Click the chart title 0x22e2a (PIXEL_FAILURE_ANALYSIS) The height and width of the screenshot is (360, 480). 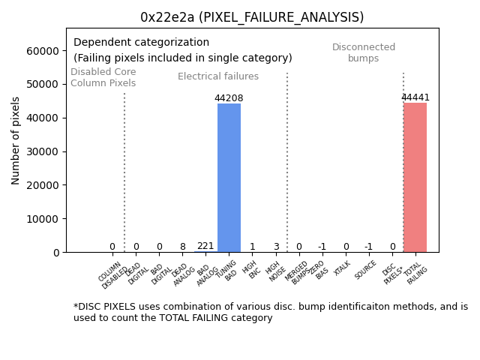click(252, 17)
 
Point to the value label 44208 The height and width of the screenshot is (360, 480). click(229, 98)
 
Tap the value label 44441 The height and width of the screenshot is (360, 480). click(415, 97)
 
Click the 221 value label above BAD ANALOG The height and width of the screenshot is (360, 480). click(205, 246)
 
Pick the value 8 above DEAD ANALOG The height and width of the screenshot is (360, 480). click(182, 247)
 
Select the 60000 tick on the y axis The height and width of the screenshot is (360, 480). click(43, 51)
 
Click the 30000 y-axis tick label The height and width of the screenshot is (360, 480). click(43, 151)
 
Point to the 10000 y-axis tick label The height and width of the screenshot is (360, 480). click(43, 219)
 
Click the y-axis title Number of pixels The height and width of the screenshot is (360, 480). click(16, 140)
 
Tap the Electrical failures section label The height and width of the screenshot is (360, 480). click(218, 76)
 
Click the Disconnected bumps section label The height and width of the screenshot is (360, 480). click(364, 53)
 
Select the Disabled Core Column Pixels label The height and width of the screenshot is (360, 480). click(103, 77)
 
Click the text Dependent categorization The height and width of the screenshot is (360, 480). click(141, 43)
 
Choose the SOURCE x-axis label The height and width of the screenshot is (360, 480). click(365, 270)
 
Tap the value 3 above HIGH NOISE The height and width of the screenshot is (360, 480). click(276, 247)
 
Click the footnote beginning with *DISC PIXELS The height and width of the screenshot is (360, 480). click(270, 312)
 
